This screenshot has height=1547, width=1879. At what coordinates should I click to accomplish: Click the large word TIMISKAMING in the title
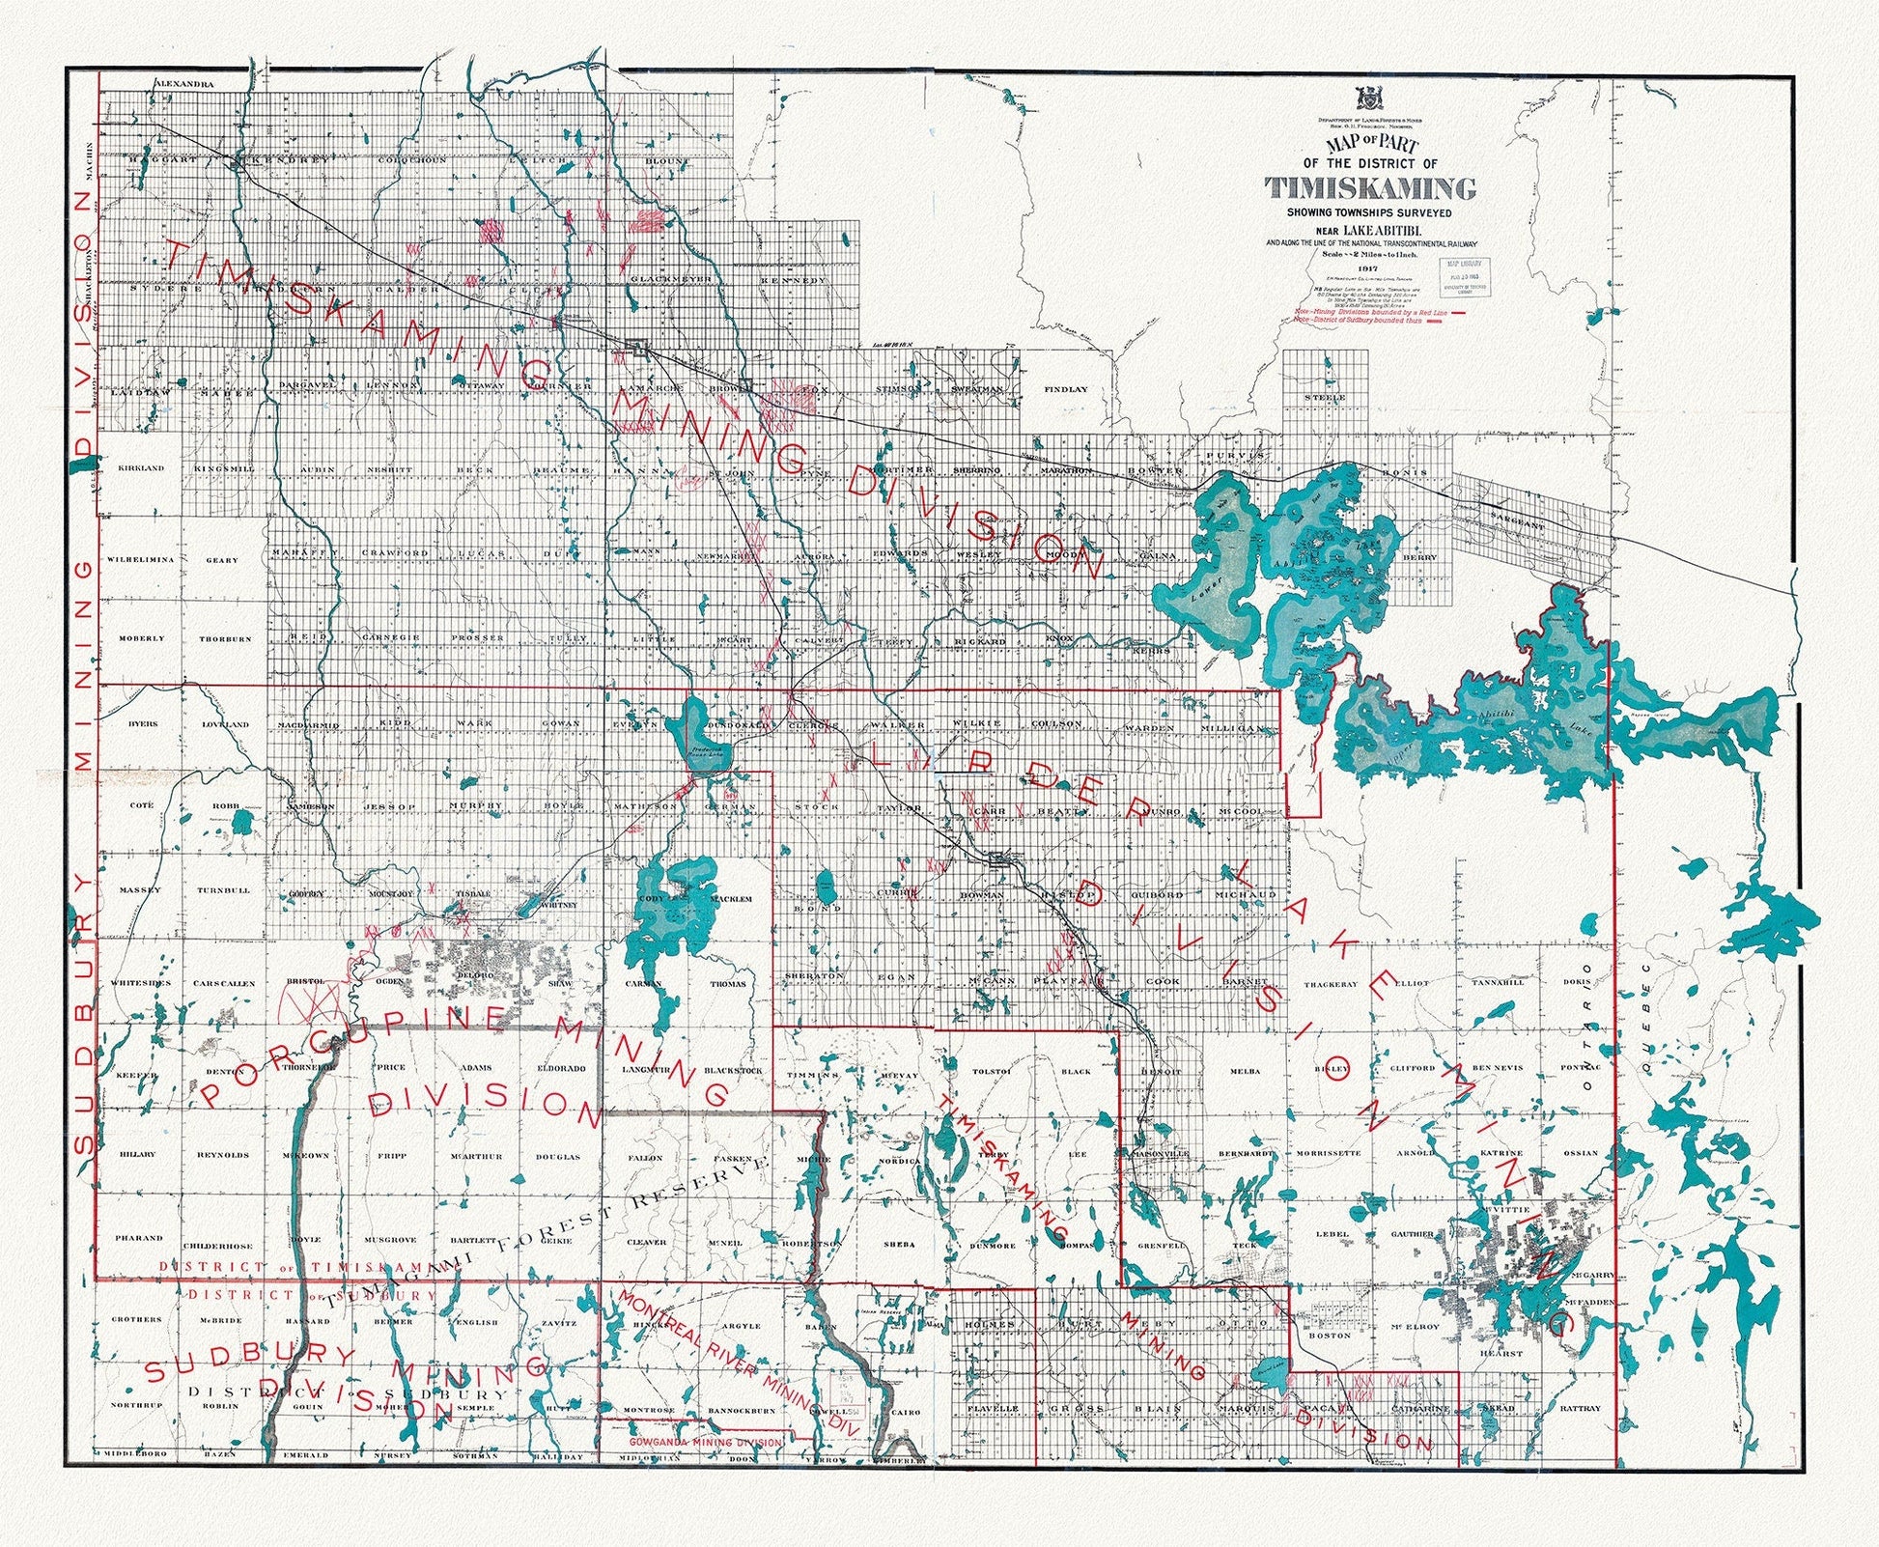click(x=1371, y=187)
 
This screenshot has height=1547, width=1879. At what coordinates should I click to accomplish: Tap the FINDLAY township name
click(x=1065, y=389)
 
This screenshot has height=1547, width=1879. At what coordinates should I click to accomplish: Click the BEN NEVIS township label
click(x=1496, y=1069)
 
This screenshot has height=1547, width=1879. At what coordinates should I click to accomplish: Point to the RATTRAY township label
click(x=1580, y=1409)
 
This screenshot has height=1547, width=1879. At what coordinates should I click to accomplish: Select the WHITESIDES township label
click(x=141, y=983)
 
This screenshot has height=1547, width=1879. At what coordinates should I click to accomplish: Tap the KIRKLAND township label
click(x=141, y=468)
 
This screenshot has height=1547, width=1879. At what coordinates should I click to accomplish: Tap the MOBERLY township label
click(x=142, y=639)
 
